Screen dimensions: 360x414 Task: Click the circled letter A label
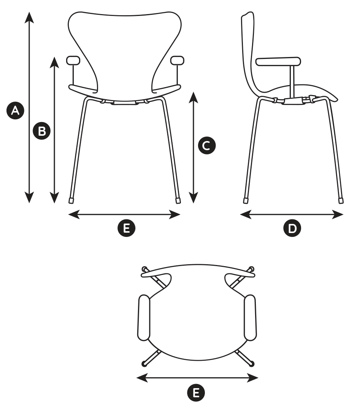coord(15,110)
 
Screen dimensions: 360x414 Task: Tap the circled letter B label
coord(42,131)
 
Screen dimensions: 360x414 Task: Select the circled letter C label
coord(207,146)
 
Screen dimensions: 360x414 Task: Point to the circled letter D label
coord(292,228)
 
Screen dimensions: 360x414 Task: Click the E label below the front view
coord(127,228)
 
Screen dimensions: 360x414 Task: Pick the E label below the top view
coord(196,393)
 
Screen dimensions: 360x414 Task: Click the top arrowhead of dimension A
coord(29,17)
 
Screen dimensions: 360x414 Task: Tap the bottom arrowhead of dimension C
coord(194,198)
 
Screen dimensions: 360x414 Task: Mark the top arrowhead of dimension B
coord(54,62)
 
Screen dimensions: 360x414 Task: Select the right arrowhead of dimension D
coord(338,214)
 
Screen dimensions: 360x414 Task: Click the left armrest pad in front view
coord(73,60)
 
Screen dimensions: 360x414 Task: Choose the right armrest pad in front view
coord(178,60)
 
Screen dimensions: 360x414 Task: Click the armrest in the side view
coord(278,62)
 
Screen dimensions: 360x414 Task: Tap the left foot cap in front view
coord(71,201)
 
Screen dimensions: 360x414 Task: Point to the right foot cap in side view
coord(341,201)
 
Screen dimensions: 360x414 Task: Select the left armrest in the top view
coord(144,318)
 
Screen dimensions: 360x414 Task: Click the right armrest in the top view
coord(250,318)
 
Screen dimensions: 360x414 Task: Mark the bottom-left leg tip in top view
coord(144,364)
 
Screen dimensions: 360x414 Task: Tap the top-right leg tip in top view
coord(252,269)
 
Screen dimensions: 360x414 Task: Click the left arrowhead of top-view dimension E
coord(142,378)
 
